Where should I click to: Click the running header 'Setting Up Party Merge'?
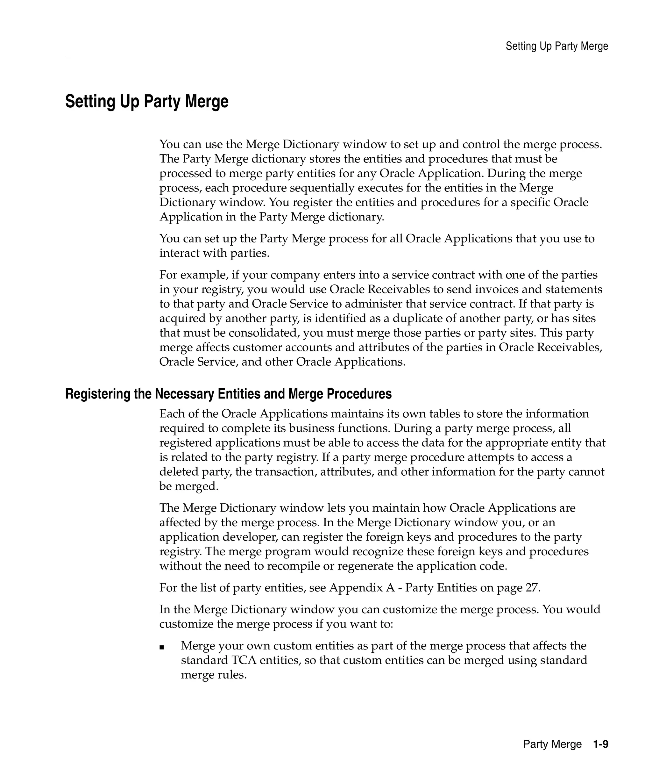(556, 46)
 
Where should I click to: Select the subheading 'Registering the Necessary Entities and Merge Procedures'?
(228, 394)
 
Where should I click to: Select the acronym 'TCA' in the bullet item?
(244, 660)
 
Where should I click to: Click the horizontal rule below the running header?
(337, 57)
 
